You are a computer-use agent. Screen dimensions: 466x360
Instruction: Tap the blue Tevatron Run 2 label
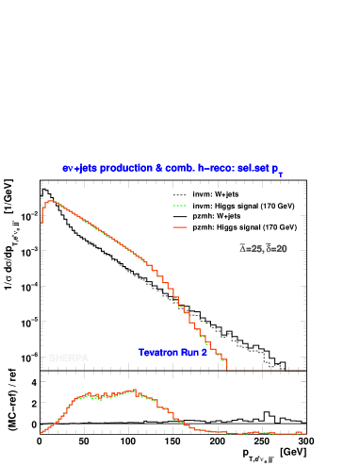(172, 353)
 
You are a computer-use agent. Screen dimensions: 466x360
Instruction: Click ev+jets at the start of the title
(76, 168)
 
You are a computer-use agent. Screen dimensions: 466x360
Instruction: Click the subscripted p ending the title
(277, 170)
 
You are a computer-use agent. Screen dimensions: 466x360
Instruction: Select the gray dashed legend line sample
(180, 196)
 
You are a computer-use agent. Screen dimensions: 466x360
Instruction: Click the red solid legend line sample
(180, 227)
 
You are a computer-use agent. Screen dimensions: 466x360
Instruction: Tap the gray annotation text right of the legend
(264, 249)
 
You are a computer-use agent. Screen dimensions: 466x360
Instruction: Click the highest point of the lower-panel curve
(135, 390)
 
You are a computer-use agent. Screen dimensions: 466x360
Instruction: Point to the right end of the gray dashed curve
(284, 370)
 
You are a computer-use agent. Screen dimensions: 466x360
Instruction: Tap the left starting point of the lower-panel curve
(41, 433)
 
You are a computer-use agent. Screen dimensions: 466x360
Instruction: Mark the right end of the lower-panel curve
(304, 434)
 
